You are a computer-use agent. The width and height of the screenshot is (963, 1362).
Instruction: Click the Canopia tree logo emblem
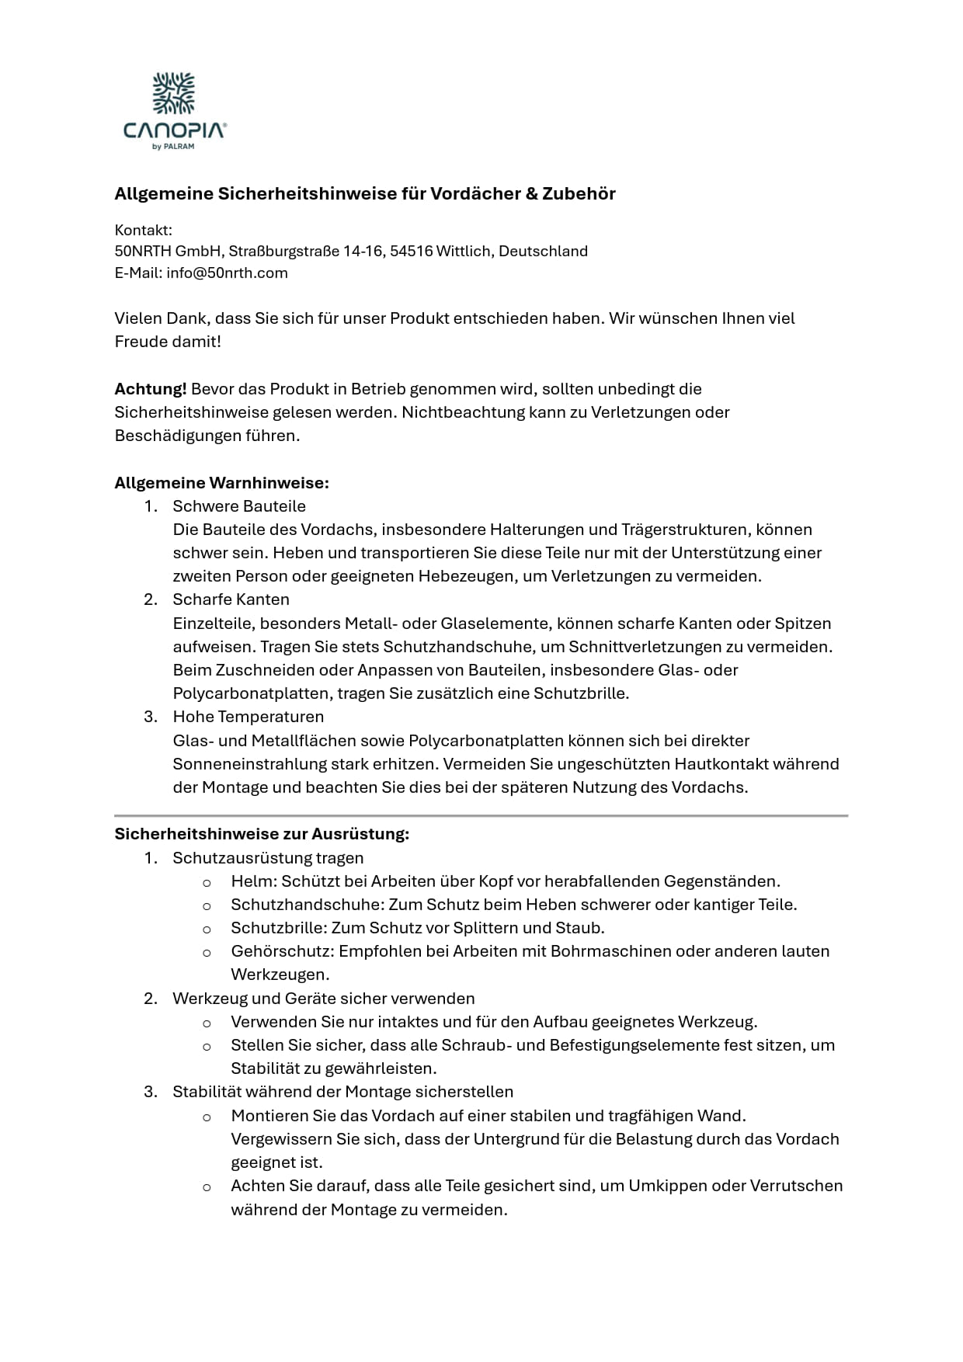(x=174, y=94)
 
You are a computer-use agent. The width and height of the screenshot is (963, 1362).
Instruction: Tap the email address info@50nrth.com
(x=227, y=273)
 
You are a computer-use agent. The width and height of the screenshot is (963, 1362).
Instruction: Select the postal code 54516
(x=411, y=252)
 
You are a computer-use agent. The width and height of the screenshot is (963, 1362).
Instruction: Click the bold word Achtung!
(x=151, y=389)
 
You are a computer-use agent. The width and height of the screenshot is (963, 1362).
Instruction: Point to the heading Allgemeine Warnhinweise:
(x=221, y=483)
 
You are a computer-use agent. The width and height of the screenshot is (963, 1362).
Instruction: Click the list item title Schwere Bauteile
(x=239, y=506)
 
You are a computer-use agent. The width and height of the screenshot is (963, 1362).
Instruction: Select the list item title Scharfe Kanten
(x=231, y=599)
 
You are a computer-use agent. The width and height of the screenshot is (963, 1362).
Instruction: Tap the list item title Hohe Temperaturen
(x=248, y=717)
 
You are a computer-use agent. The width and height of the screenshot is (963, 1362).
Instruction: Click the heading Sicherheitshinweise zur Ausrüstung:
(x=262, y=834)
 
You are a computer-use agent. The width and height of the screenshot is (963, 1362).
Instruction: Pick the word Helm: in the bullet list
(x=253, y=881)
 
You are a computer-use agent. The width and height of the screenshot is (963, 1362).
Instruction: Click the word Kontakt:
(x=143, y=231)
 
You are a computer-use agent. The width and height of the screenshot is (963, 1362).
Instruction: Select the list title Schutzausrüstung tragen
(x=268, y=858)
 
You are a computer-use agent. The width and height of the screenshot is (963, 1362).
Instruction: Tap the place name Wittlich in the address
(x=464, y=252)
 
